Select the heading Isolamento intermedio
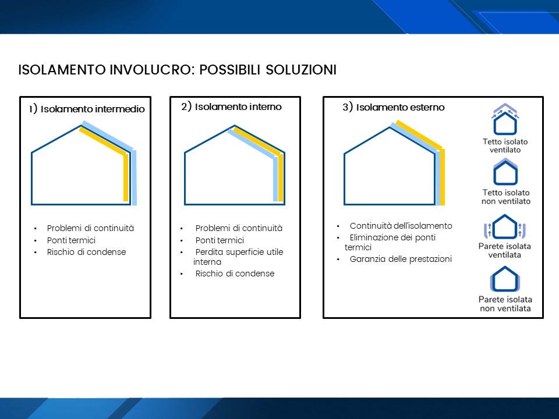[x=93, y=109]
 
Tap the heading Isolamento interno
[x=238, y=106]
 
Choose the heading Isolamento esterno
[x=401, y=107]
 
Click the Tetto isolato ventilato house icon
[x=505, y=119]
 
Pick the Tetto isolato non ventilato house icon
[x=505, y=172]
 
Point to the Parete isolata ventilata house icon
[x=505, y=226]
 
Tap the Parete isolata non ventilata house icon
[x=505, y=279]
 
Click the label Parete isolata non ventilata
[x=505, y=304]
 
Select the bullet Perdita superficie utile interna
[x=238, y=257]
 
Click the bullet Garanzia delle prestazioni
[x=401, y=259]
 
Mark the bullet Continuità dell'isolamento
[x=401, y=226]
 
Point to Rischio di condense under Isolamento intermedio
[x=86, y=252]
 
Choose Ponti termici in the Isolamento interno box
[x=220, y=240]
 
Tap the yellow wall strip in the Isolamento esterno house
[x=443, y=177]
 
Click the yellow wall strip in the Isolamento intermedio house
[x=126, y=178]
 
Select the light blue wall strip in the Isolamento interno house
[x=275, y=179]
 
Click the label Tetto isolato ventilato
[x=505, y=145]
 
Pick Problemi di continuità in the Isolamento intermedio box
[x=91, y=228]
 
